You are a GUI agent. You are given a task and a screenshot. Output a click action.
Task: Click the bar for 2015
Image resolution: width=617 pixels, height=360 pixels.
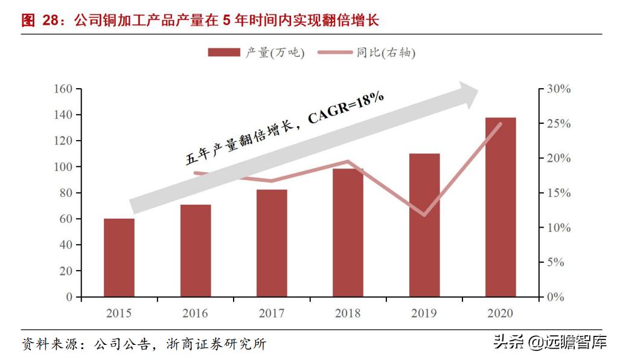(119, 258)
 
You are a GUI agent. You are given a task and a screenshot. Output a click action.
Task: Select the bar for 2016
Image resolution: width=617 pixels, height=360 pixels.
(196, 251)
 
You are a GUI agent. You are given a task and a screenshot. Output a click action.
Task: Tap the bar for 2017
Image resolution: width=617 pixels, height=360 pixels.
(272, 243)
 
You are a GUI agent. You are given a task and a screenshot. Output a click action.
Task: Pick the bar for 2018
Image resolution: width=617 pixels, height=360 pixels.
(348, 233)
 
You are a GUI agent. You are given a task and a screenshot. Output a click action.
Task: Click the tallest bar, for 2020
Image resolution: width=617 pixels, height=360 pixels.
(500, 207)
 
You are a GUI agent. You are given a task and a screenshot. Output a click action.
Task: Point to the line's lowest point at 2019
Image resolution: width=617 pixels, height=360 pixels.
(424, 215)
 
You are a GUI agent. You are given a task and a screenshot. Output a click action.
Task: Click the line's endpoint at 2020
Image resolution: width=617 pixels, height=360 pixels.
(500, 124)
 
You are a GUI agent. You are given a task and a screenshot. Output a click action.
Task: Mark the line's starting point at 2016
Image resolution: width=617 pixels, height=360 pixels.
(196, 173)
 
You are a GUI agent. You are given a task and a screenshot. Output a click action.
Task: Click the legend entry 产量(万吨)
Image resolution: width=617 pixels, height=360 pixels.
(256, 53)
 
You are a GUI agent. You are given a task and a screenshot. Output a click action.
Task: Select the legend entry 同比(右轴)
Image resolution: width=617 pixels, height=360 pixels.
(370, 53)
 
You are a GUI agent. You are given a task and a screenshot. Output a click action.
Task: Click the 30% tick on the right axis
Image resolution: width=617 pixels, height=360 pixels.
(558, 89)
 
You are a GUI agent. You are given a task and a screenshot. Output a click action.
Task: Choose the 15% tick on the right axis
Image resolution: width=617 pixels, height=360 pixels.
(558, 193)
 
